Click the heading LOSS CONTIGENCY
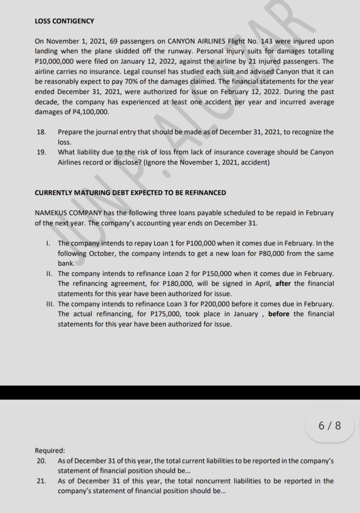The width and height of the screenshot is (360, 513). [x=64, y=21]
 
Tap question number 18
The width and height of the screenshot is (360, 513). [x=41, y=132]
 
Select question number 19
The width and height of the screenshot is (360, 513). [x=41, y=152]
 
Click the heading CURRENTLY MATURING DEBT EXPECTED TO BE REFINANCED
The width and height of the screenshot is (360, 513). [x=130, y=193]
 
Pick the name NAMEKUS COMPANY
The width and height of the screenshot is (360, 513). [x=68, y=213]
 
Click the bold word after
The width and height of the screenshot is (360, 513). [x=283, y=284]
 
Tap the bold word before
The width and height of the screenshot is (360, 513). [x=279, y=314]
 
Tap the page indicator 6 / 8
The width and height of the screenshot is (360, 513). [x=330, y=425]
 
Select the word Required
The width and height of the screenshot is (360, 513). [x=50, y=450]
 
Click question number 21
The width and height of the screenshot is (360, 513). [x=41, y=481]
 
